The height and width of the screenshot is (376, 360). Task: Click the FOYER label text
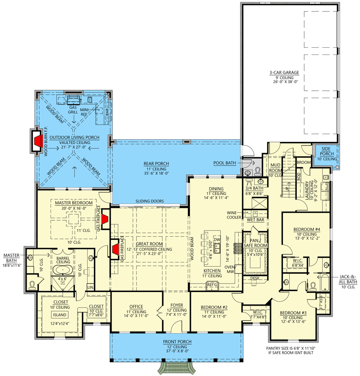point(176,305)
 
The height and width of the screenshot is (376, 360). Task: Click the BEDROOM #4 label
point(306,229)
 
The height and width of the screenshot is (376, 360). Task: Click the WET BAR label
point(255,219)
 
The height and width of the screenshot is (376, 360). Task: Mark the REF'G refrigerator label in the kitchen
point(213,285)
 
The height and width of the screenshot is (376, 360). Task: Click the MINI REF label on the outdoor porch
point(85,111)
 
